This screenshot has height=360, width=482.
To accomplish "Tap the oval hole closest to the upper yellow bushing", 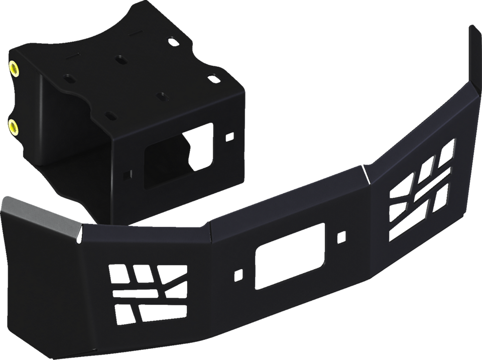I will click(x=67, y=79).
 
